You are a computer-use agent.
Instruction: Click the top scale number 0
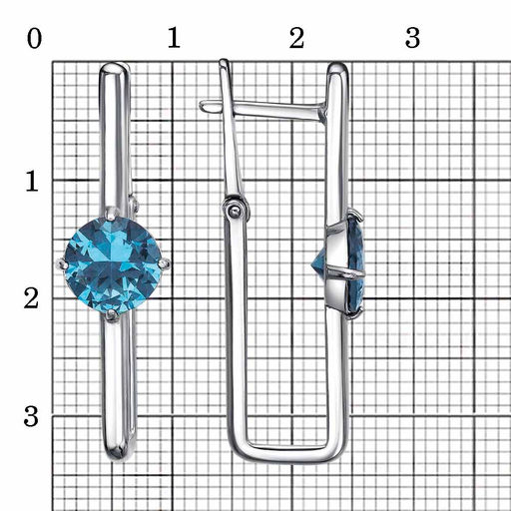[x=34, y=38]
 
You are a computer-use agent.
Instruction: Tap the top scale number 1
[x=174, y=38]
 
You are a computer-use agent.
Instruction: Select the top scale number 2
[x=296, y=38]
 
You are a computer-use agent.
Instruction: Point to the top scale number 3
[x=412, y=38]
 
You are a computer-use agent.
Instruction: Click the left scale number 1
[x=32, y=181]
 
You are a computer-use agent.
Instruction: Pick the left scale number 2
[x=32, y=298]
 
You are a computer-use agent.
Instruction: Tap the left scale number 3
[x=31, y=416]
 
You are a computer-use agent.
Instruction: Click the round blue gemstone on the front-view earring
[x=113, y=264]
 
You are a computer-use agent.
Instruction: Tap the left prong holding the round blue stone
[x=62, y=264]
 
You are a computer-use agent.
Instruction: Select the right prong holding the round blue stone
[x=164, y=264]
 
